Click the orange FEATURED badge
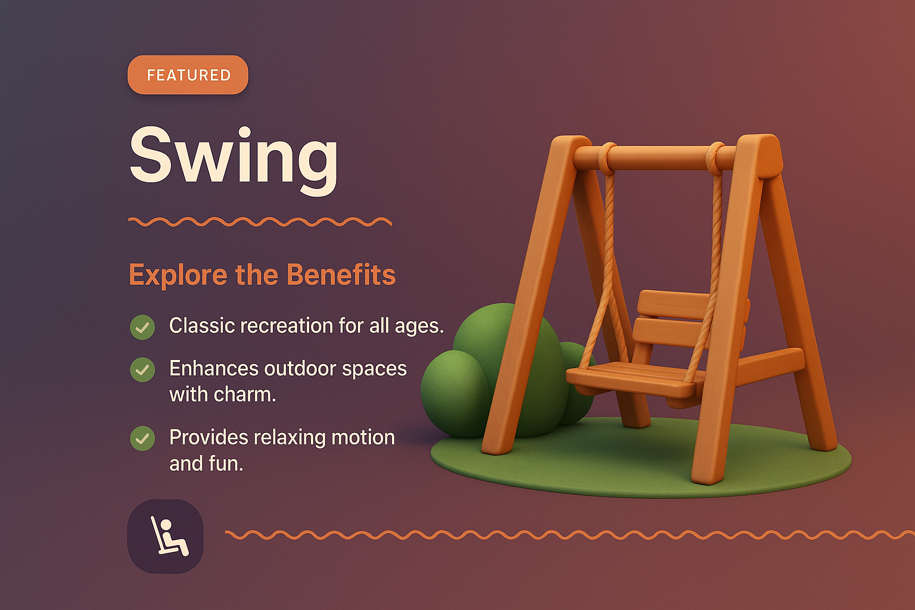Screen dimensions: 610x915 (x=188, y=75)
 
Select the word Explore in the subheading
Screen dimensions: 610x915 (x=178, y=276)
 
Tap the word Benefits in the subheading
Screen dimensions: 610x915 (x=341, y=275)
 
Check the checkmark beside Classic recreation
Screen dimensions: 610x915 (x=142, y=327)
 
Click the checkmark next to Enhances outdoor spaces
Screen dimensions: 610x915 (x=142, y=370)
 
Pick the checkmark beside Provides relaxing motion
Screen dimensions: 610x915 (x=142, y=438)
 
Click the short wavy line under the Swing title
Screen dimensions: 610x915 (x=260, y=222)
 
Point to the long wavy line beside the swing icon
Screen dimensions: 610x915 (x=566, y=535)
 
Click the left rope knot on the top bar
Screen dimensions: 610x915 (x=607, y=157)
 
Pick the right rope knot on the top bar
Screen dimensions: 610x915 (x=716, y=157)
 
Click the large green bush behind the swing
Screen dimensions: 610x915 (x=506, y=357)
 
